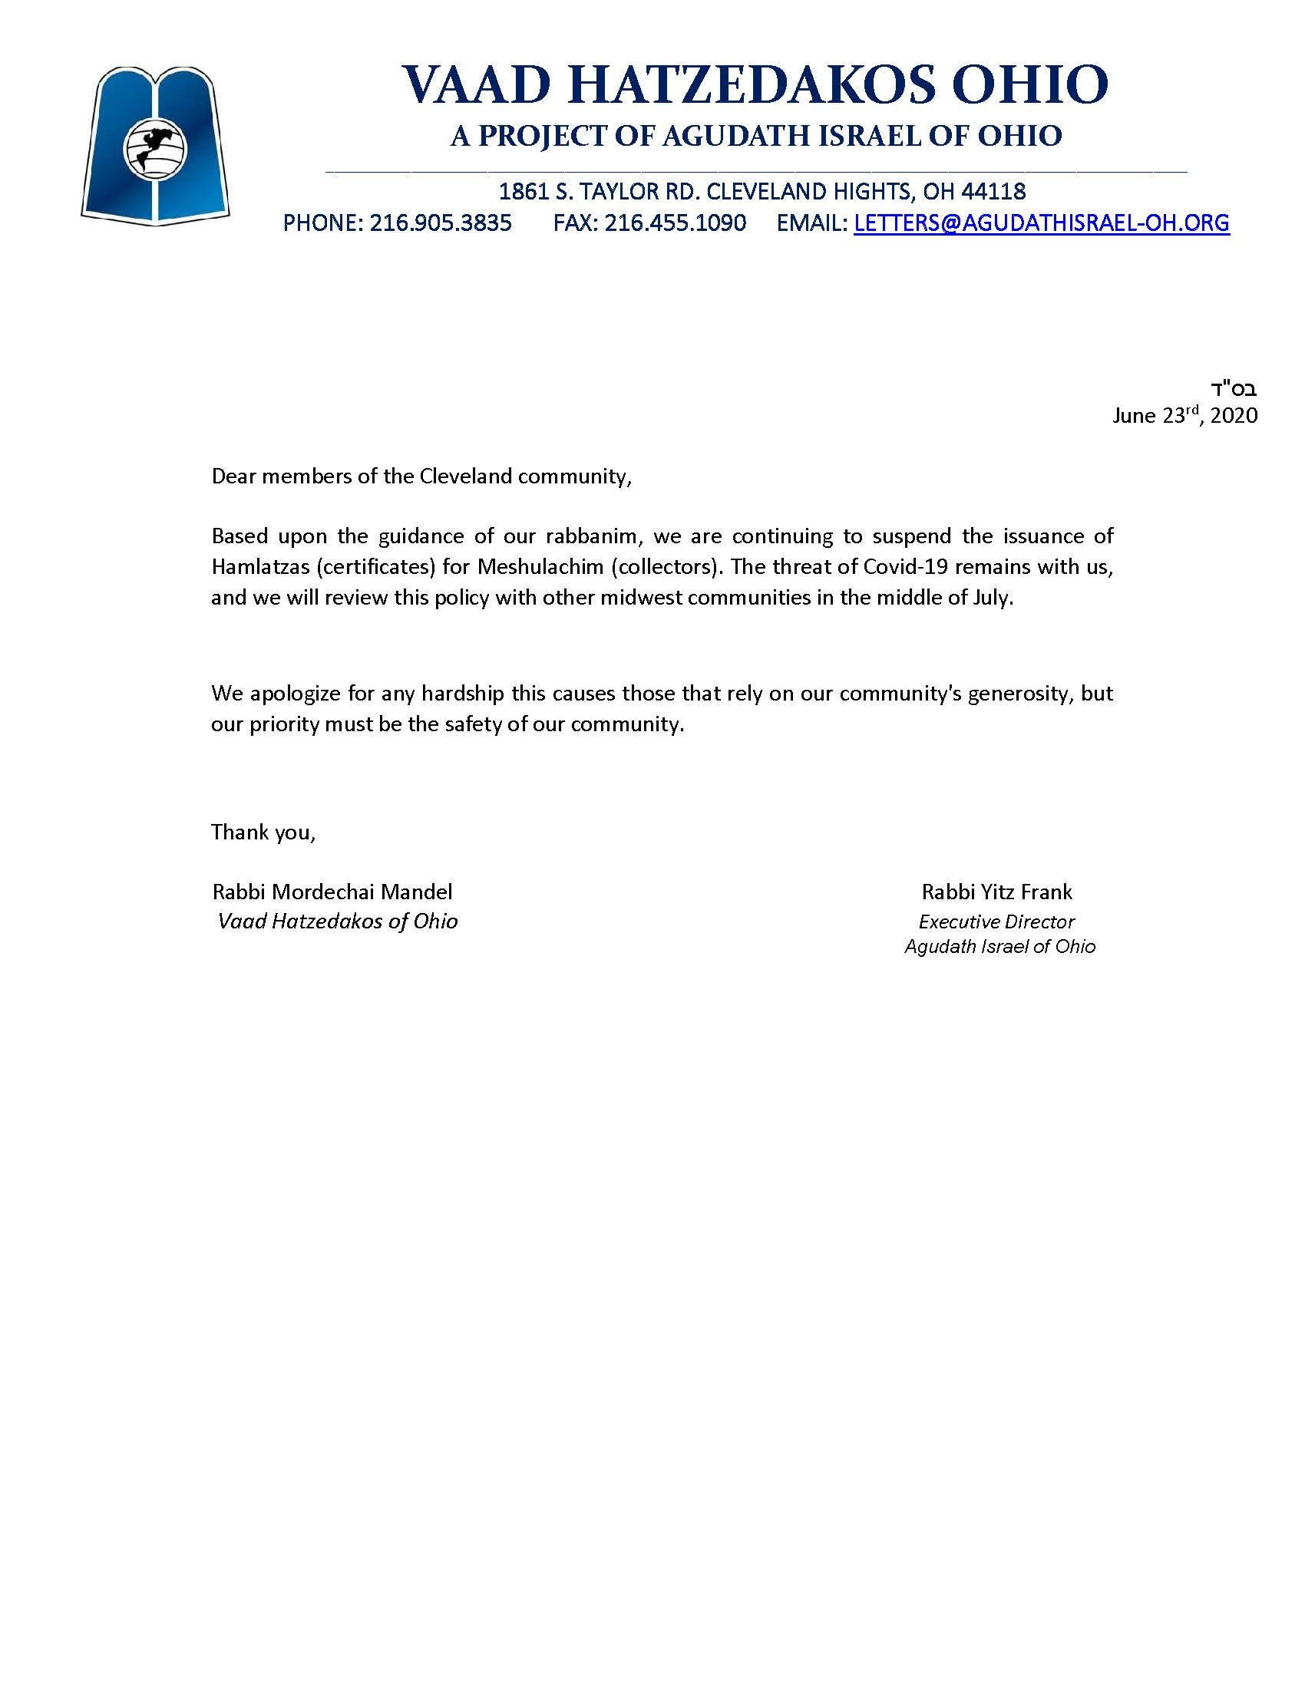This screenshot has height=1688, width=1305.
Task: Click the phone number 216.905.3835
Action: pyautogui.click(x=440, y=223)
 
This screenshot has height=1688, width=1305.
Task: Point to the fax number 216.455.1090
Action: pyautogui.click(x=675, y=223)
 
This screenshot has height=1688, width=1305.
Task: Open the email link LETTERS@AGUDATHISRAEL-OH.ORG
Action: pyautogui.click(x=1042, y=223)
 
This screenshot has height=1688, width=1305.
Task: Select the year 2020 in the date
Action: pyautogui.click(x=1234, y=416)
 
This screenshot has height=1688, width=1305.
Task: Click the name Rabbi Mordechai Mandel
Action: pyautogui.click(x=332, y=892)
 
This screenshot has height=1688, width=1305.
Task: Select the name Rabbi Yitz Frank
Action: pyautogui.click(x=996, y=892)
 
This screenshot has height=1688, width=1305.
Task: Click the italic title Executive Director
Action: pyautogui.click(x=996, y=921)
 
